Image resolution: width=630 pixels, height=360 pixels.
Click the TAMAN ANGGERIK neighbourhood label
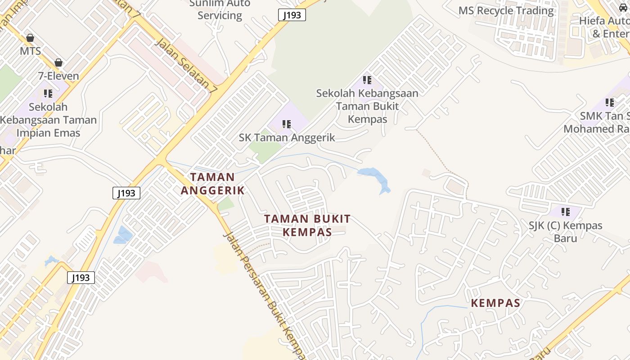point(213,184)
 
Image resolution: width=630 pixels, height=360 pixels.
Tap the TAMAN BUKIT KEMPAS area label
point(307,225)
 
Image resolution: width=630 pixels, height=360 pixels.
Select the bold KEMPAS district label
point(495,303)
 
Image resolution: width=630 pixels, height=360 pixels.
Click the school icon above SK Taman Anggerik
point(287,124)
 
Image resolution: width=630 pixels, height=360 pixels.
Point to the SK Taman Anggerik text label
point(287,137)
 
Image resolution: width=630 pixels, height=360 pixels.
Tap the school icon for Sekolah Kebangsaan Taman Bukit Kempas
point(367,80)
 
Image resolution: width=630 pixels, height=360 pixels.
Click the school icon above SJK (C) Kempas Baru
point(566,211)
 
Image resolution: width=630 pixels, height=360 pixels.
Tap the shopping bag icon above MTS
point(30,37)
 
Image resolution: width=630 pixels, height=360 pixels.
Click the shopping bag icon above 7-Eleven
point(58,63)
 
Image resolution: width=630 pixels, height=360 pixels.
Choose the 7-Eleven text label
point(58,76)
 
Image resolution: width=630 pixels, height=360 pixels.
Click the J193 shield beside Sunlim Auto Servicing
point(292,15)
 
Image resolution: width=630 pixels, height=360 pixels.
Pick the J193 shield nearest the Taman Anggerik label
point(126,193)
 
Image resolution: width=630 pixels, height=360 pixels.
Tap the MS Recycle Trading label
point(506,10)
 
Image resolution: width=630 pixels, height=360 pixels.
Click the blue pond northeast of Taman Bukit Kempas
point(374,178)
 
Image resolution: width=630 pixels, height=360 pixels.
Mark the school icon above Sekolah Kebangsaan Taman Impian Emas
point(48,94)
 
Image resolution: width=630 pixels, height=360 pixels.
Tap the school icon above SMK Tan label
point(610,103)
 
